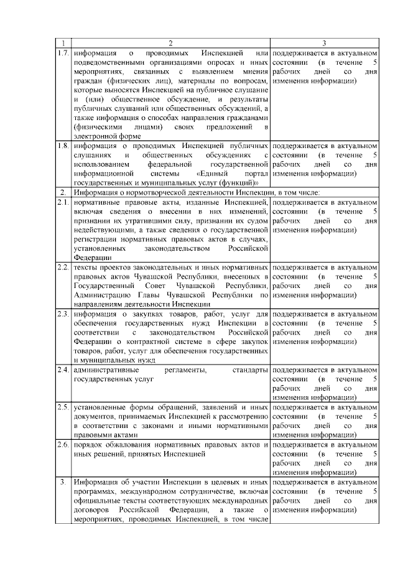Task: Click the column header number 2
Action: click(170, 43)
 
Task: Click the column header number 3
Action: click(324, 43)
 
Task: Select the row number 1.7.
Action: click(62, 52)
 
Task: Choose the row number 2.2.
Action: click(62, 267)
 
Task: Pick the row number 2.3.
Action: click(62, 314)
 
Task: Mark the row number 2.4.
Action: click(62, 370)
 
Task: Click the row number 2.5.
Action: click(62, 407)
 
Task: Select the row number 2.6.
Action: click(62, 444)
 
